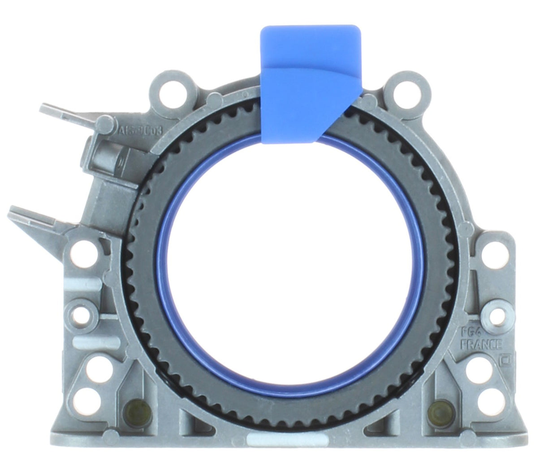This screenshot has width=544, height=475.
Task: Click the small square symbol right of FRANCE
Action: tap(503, 359)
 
